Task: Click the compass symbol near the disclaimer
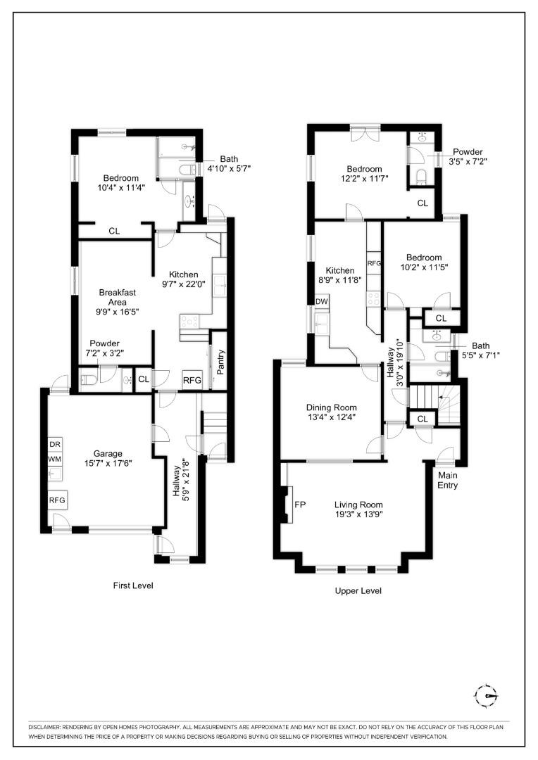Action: pos(486,696)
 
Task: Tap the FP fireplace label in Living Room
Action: pos(299,505)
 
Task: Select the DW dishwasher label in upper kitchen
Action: pos(321,301)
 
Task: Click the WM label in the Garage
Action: pos(55,459)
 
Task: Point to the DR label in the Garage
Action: pos(55,445)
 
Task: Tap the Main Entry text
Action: pos(448,480)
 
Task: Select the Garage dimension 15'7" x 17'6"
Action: pos(104,464)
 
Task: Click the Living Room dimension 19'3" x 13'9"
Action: pos(358,515)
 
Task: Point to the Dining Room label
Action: pos(331,407)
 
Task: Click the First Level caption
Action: pos(133,585)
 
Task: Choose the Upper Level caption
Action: pos(358,591)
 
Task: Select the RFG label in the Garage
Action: pos(57,500)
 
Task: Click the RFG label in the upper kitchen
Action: pos(373,263)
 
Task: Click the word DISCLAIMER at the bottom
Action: pos(47,726)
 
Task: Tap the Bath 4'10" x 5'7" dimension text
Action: pos(228,168)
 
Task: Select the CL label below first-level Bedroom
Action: pos(114,231)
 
